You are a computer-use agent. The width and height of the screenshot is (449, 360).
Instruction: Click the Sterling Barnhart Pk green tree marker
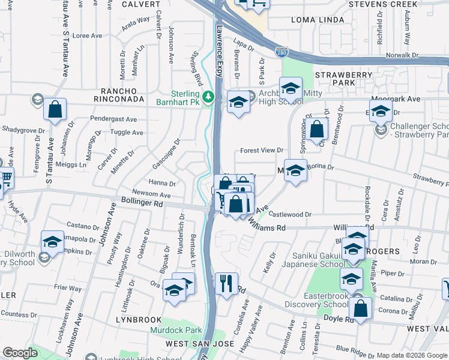208,97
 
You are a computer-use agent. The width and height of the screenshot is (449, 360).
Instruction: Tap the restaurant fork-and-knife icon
226,283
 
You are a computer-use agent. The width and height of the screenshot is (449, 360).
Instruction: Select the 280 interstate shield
282,53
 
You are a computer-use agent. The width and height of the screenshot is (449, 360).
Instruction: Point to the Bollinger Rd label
142,203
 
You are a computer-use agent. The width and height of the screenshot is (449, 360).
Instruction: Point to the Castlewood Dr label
291,214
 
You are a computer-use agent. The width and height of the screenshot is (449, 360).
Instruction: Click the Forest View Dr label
261,151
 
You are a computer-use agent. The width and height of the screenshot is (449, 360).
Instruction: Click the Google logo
20,353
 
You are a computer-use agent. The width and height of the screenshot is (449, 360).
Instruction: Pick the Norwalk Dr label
402,55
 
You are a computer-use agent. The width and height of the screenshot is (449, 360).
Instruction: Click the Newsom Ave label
151,194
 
